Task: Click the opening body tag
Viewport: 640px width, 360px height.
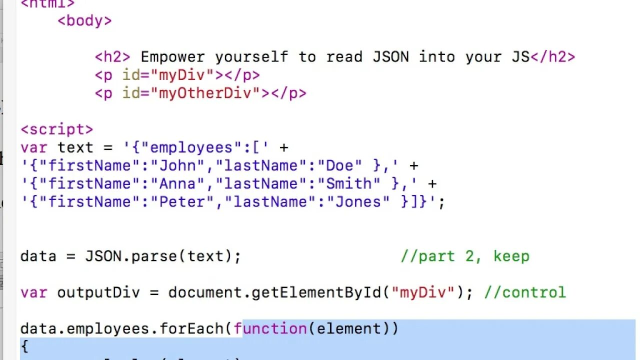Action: [84, 21]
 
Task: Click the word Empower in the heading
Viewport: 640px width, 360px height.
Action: [172, 57]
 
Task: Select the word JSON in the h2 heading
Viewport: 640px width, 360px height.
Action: [390, 57]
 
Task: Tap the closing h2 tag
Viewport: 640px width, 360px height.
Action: [552, 57]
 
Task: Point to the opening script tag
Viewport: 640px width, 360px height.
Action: [56, 129]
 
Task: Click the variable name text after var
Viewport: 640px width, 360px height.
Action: [75, 148]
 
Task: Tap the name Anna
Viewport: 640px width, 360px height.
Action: [182, 184]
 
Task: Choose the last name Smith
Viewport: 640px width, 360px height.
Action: [349, 184]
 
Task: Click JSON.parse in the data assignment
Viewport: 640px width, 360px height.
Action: [131, 256]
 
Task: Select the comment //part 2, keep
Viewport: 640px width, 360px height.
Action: [464, 256]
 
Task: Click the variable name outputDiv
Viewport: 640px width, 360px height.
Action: [103, 292]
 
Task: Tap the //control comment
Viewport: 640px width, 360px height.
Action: [524, 292]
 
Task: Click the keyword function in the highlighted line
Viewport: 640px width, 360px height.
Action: [270, 329]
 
